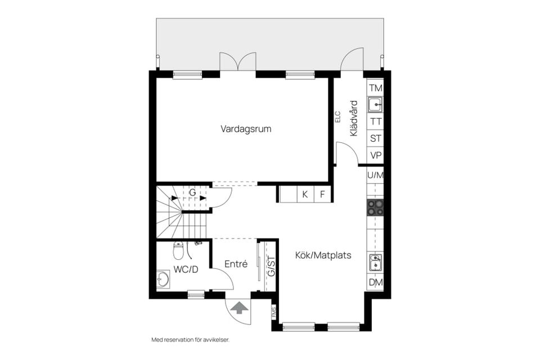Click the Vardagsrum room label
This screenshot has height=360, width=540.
coord(246,129)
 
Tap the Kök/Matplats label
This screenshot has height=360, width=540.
coord(323,255)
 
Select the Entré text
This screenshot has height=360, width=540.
coord(236,264)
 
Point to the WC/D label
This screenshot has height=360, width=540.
coord(186,269)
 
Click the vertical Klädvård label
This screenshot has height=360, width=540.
coord(354,118)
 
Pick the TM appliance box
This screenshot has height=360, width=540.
coord(375,88)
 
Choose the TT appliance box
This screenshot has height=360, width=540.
coord(375,121)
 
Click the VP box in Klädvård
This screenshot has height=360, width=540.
coord(375,155)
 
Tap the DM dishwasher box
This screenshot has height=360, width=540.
coord(375,282)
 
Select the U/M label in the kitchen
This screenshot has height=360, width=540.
coord(375,175)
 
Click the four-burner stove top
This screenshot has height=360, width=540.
coord(375,208)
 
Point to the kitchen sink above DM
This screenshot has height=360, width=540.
coord(375,263)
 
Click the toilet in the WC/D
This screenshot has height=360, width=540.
coord(178,251)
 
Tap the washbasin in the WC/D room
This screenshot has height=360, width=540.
coord(163,280)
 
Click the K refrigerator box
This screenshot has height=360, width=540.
coord(305,194)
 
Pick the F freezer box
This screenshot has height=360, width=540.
coord(323,194)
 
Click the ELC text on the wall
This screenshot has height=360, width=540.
coord(337,117)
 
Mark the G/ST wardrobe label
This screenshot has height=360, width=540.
coord(271,266)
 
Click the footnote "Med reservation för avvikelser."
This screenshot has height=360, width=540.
coord(191,340)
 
